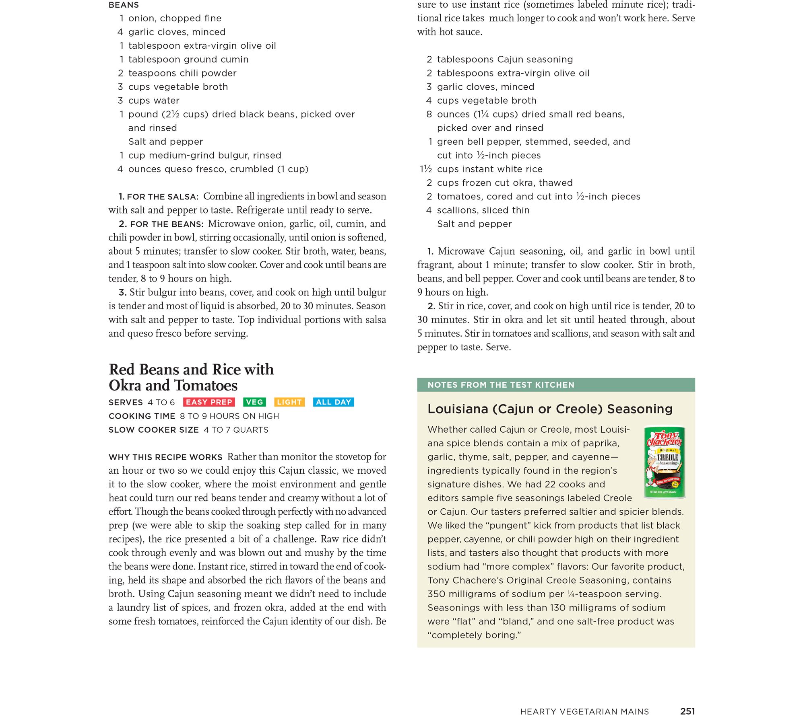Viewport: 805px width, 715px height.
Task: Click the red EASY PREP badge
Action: coord(209,402)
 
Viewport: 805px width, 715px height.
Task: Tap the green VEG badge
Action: coord(254,402)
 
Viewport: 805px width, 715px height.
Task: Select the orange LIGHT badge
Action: coord(289,402)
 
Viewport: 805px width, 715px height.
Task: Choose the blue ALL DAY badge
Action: coord(333,402)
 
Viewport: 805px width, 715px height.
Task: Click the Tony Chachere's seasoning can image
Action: coord(665,462)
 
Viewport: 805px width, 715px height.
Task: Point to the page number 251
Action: coord(687,711)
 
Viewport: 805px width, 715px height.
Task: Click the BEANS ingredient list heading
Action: coord(124,5)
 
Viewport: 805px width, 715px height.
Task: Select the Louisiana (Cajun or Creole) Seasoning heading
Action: coord(550,409)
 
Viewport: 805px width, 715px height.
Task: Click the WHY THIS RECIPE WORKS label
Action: coord(165,457)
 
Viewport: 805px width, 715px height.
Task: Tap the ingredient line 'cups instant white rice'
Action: coord(489,169)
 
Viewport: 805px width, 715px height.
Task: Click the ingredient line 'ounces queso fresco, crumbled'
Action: coord(218,169)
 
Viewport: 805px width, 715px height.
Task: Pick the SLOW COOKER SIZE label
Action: coord(154,430)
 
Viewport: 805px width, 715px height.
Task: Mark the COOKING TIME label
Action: coord(142,416)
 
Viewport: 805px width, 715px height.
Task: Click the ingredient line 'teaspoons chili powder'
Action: coord(182,73)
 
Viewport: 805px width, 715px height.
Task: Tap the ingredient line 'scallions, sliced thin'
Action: coord(483,210)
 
